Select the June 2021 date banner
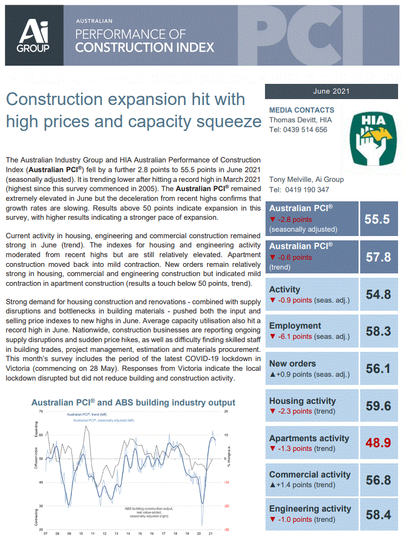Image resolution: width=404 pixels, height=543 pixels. coord(332,91)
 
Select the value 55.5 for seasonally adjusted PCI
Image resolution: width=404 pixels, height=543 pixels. coord(377,219)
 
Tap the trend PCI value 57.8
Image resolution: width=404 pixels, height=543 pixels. coord(378,257)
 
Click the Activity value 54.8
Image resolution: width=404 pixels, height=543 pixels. coord(378,295)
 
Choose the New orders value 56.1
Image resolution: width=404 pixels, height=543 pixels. coord(378,368)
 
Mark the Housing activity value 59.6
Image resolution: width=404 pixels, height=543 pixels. coord(378,405)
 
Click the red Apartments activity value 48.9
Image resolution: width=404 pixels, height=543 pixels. coord(378,442)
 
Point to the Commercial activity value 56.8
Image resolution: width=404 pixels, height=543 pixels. coord(378,479)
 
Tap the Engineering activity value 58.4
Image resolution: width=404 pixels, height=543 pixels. coord(378,514)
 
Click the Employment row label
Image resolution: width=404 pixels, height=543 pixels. coord(295,326)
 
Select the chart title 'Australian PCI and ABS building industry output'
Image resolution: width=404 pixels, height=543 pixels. coord(133,403)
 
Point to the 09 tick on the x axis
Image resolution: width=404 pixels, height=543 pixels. coord(69,533)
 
